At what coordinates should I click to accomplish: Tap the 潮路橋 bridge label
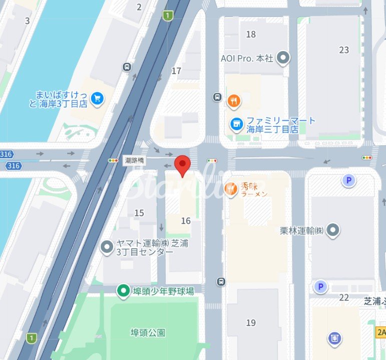coord(134,161)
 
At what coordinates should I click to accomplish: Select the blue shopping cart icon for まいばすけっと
coord(97,99)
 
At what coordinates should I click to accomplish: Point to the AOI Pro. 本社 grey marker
coord(283,58)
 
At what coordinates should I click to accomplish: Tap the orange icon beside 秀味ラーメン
coord(231,188)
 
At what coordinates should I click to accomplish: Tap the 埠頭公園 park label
coord(148,332)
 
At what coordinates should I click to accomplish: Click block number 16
coord(186,221)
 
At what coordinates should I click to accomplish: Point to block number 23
coord(344,50)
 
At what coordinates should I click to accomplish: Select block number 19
coord(251,322)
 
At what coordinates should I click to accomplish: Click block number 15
coord(139,213)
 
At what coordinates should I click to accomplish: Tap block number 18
coord(251,34)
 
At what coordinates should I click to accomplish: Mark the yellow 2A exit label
coord(381,332)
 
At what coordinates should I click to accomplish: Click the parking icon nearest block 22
coord(320,287)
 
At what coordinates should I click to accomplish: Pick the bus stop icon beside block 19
coord(221,282)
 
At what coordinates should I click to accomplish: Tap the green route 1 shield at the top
coord(167,16)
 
